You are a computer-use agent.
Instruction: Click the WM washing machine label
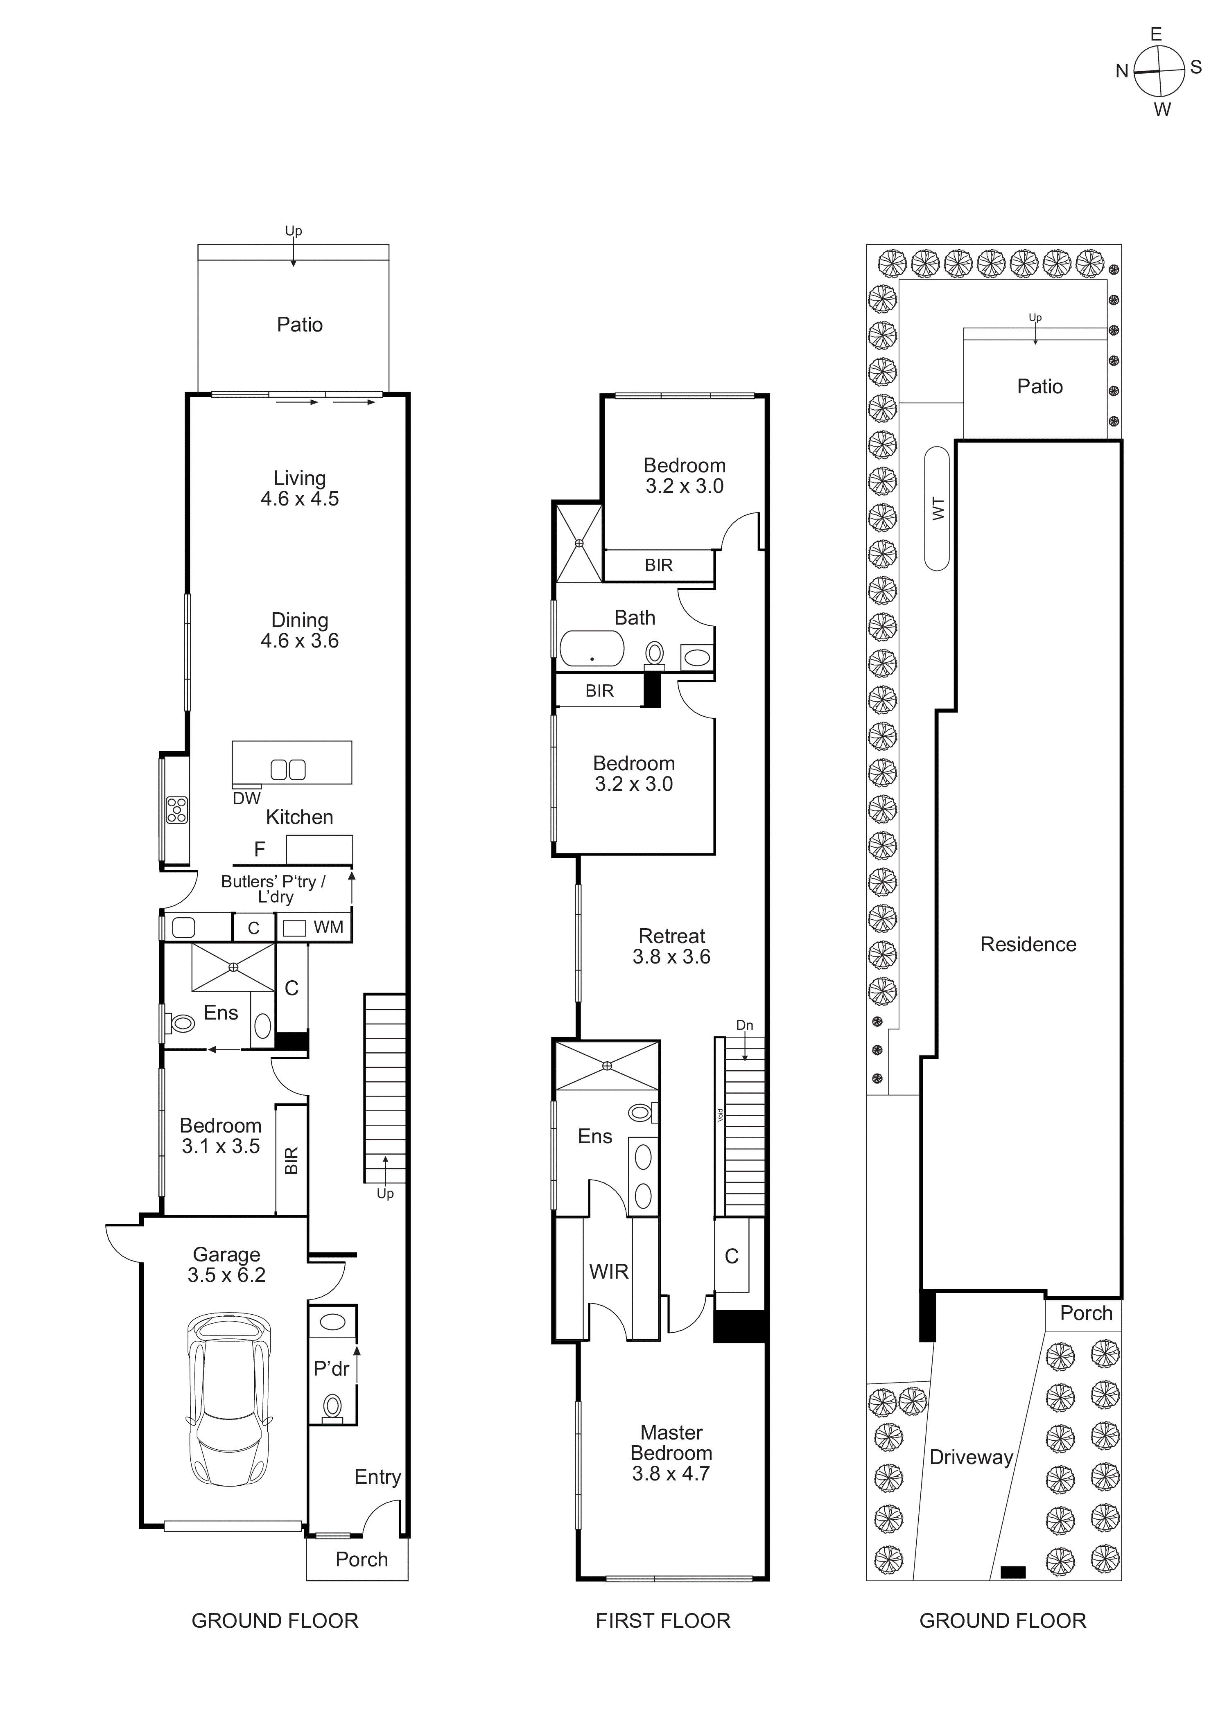click(x=328, y=927)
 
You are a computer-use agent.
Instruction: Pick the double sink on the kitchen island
click(x=288, y=769)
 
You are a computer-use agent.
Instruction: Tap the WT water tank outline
click(x=937, y=509)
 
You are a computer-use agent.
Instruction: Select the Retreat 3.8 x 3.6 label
click(x=671, y=946)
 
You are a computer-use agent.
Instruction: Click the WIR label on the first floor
click(x=608, y=1272)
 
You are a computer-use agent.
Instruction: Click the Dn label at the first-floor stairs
click(x=745, y=1025)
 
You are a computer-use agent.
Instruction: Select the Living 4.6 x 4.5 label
click(x=299, y=488)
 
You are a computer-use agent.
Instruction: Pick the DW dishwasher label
click(x=246, y=798)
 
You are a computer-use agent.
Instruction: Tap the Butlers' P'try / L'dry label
click(x=273, y=889)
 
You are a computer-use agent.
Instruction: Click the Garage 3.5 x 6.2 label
click(x=226, y=1264)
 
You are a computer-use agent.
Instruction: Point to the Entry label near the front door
click(x=377, y=1477)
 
